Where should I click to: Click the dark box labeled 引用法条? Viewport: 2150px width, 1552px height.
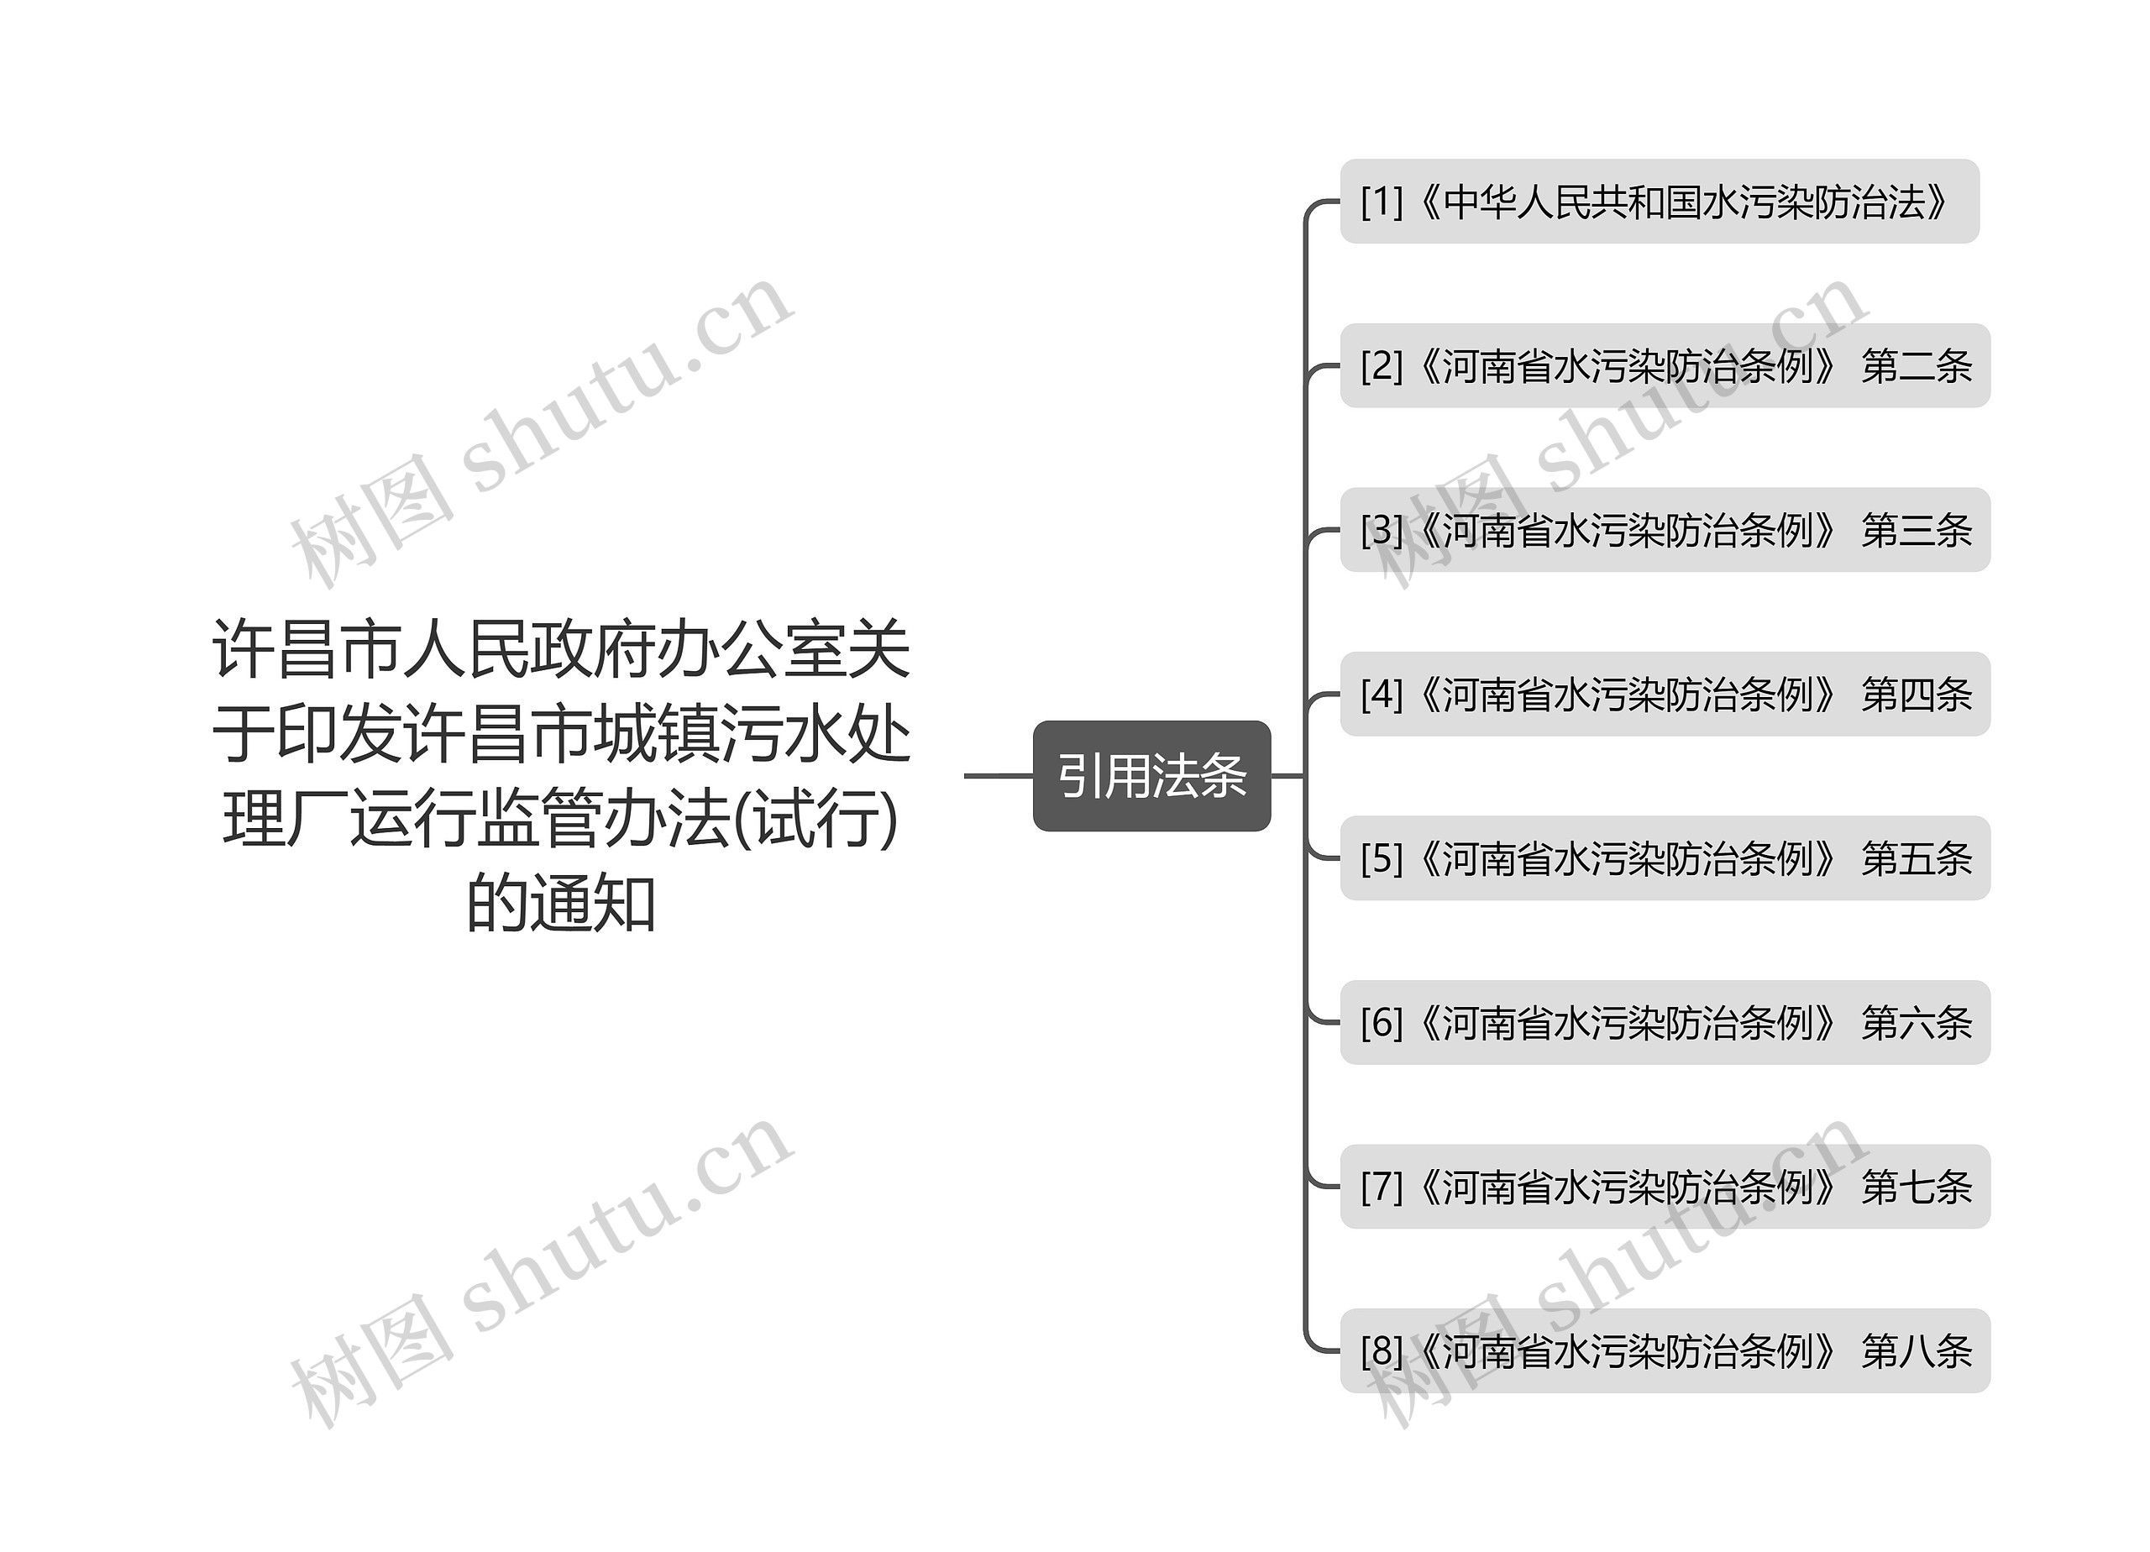click(x=1151, y=775)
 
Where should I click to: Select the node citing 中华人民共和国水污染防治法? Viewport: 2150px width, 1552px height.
click(x=1659, y=201)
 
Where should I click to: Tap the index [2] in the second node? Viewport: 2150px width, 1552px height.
click(x=1382, y=365)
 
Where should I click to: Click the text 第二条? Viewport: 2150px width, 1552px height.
click(x=1916, y=366)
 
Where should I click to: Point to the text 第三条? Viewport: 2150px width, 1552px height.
click(x=1916, y=530)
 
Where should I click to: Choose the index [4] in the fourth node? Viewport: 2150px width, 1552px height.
click(x=1382, y=694)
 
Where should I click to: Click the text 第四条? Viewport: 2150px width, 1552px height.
click(x=1916, y=694)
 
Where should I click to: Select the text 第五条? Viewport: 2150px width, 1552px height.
click(x=1916, y=858)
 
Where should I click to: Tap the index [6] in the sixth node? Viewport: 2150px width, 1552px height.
click(x=1382, y=1022)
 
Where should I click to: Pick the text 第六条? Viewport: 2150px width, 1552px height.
click(x=1916, y=1023)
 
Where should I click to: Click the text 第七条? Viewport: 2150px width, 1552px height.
click(x=1916, y=1187)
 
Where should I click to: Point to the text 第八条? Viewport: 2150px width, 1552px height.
click(x=1916, y=1351)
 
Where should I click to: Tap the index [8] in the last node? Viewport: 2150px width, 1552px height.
click(x=1382, y=1350)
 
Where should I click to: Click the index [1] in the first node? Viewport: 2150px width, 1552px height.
click(x=1382, y=201)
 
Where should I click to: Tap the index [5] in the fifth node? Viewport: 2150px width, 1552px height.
click(x=1382, y=858)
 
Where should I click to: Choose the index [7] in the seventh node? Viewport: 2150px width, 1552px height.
click(x=1382, y=1186)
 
